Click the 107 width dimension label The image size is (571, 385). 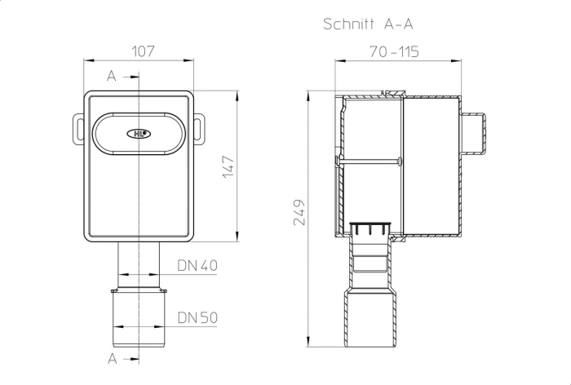[143, 51]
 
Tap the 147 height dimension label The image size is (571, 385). [228, 167]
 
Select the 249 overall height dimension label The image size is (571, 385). [299, 213]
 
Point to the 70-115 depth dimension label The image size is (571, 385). [394, 51]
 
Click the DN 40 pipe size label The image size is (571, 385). [197, 266]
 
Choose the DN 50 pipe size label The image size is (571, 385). [197, 317]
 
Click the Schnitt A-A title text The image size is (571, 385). [368, 24]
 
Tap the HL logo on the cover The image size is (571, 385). [139, 134]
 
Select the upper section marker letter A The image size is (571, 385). [112, 77]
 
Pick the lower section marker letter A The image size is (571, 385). [113, 359]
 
